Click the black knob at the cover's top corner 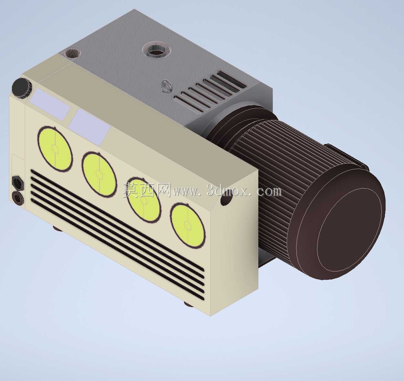point(22,88)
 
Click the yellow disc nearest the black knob point(55,149)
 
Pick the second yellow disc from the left point(99,175)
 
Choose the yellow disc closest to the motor point(187,226)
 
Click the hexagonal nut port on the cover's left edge point(18,182)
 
